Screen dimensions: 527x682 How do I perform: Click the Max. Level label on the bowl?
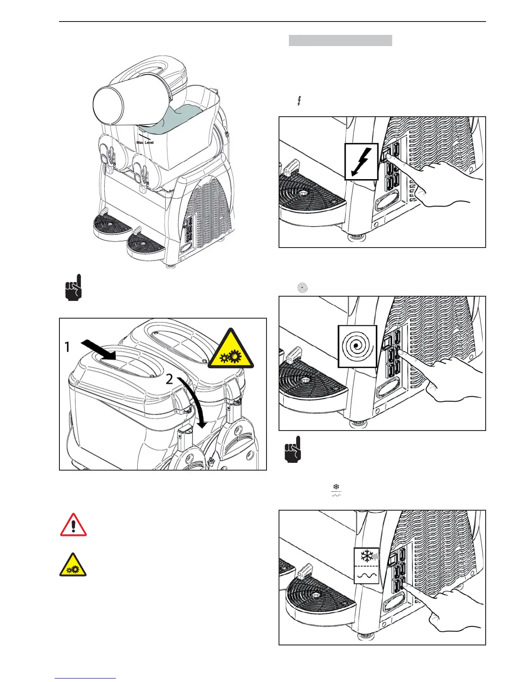[x=145, y=142]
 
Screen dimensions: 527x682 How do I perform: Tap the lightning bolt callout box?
[x=361, y=161]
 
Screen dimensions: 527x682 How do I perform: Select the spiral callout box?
[x=357, y=346]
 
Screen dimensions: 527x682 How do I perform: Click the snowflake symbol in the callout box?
[x=366, y=556]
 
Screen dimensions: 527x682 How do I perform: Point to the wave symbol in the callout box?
[x=366, y=574]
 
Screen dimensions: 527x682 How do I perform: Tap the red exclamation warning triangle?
[x=73, y=526]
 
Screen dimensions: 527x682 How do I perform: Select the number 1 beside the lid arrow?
[x=67, y=347]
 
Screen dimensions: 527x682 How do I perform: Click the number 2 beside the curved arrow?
[x=170, y=379]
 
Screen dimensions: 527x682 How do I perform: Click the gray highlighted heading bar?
[x=340, y=40]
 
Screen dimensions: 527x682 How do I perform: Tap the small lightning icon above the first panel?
[x=299, y=101]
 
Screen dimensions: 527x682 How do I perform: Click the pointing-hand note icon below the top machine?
[x=72, y=288]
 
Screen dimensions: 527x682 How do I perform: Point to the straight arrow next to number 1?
[x=99, y=349]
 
